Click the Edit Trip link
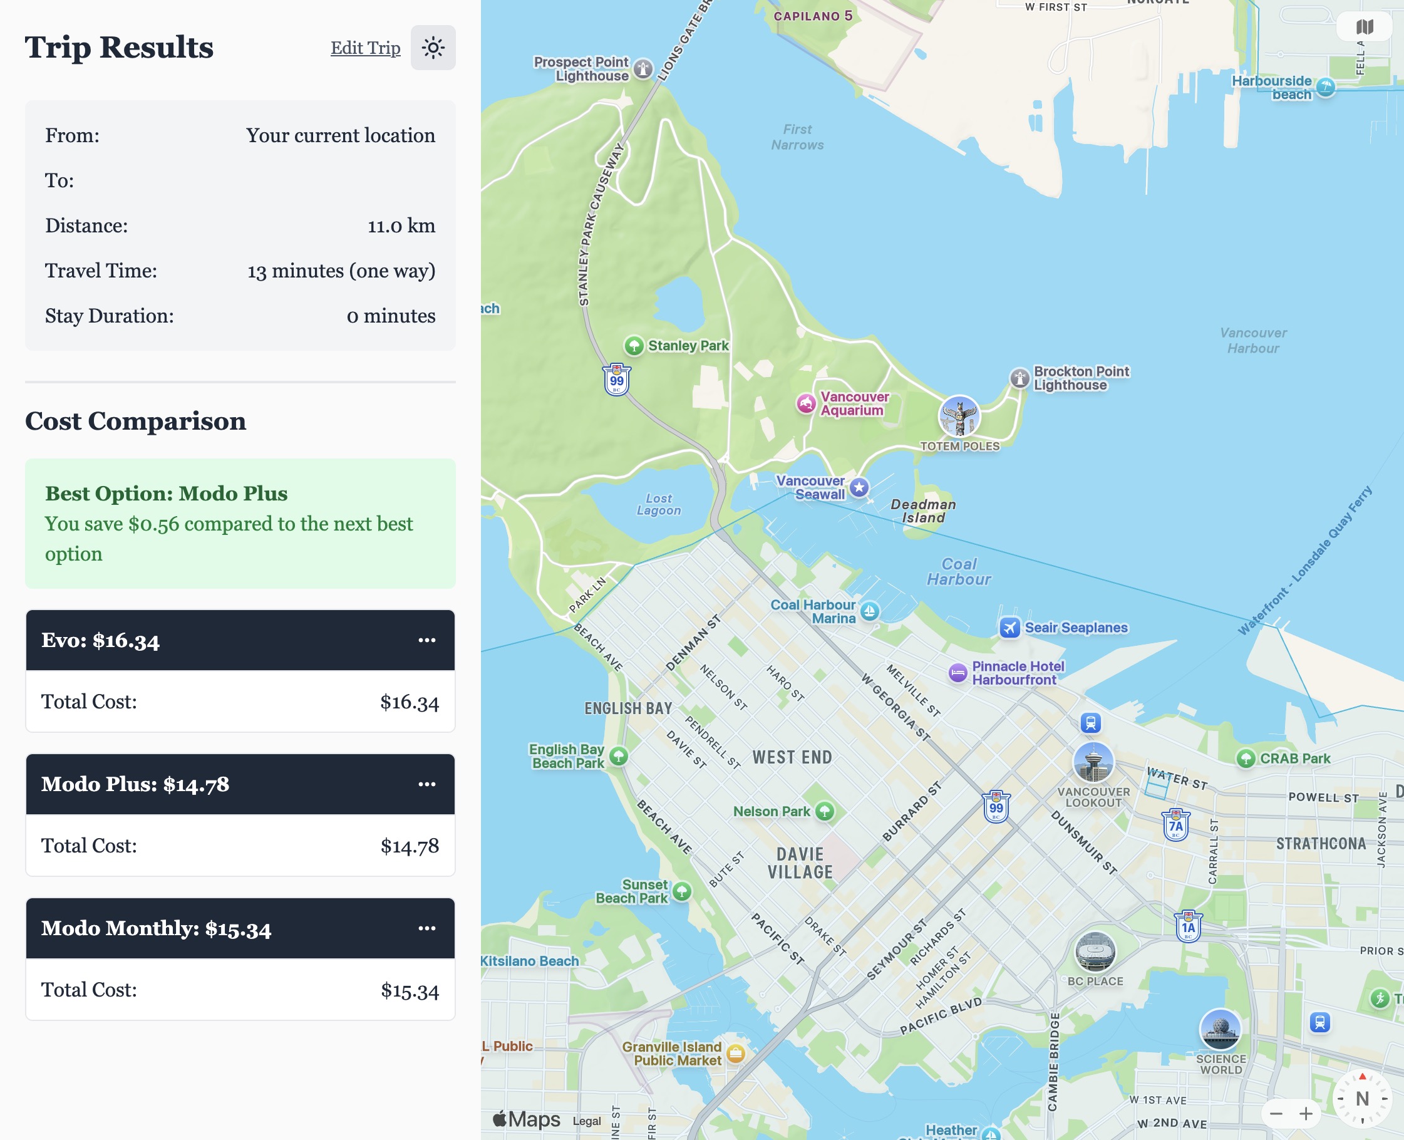tap(365, 48)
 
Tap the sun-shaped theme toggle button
tap(433, 48)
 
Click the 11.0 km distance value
tap(401, 226)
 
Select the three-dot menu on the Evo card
tap(426, 640)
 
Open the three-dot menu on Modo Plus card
tap(426, 784)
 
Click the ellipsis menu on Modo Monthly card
tap(426, 928)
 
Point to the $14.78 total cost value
tap(410, 846)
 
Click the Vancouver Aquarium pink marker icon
tap(806, 403)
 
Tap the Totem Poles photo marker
tap(959, 417)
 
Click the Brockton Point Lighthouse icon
tap(1019, 378)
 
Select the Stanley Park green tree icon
tap(633, 345)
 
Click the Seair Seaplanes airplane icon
tap(1009, 628)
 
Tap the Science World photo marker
tap(1219, 1029)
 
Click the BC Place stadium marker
tap(1095, 951)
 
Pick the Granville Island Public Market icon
tap(736, 1054)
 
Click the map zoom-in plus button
tap(1306, 1114)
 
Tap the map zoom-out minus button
tap(1276, 1114)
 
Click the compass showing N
tap(1362, 1099)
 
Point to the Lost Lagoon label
tap(658, 504)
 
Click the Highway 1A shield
tap(1188, 926)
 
